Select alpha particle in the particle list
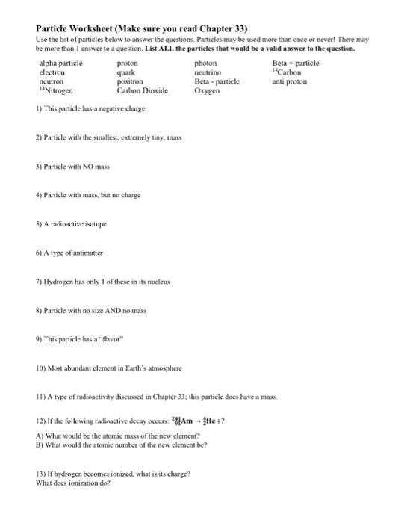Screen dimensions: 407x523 pyautogui.click(x=60, y=64)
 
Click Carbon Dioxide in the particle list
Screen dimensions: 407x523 pyautogui.click(x=142, y=90)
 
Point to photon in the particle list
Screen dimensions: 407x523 pyautogui.click(x=205, y=64)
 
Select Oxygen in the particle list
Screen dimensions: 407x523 pyautogui.click(x=207, y=90)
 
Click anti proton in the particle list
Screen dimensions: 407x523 pyautogui.click(x=290, y=81)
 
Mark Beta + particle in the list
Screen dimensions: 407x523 pyautogui.click(x=295, y=64)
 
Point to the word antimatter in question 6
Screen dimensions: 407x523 pyautogui.click(x=87, y=253)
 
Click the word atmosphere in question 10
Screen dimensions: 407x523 pyautogui.click(x=161, y=368)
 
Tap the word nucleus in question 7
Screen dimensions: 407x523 pyautogui.click(x=155, y=282)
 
